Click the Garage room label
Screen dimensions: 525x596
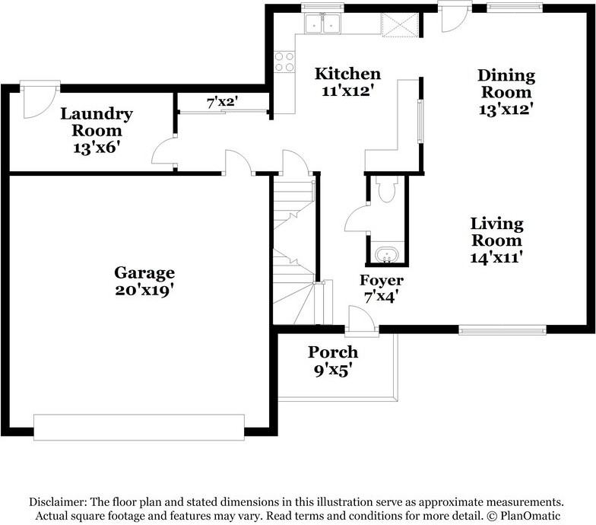[x=144, y=281]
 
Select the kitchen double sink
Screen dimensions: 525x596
[x=323, y=24]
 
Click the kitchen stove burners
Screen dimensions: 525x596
[x=284, y=62]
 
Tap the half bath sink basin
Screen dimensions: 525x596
[x=387, y=253]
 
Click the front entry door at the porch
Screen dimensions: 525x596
[x=360, y=320]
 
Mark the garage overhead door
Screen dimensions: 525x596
[x=139, y=427]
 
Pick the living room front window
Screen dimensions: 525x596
[x=502, y=329]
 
